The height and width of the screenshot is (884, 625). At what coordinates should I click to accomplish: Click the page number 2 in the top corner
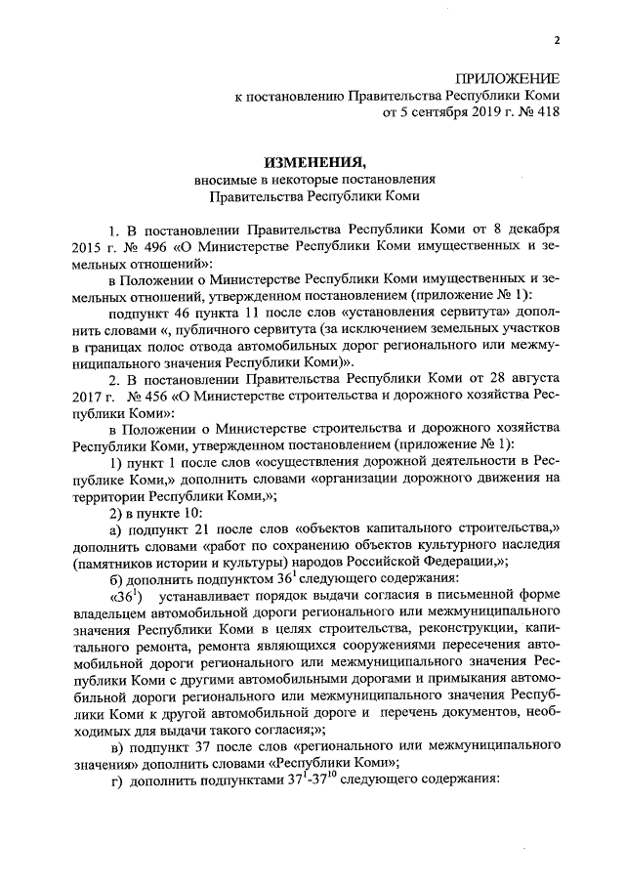click(557, 40)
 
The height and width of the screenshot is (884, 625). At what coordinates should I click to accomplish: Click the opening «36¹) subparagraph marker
click(126, 598)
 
